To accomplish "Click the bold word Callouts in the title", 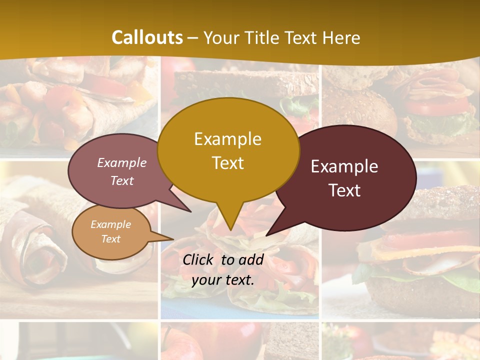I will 147,37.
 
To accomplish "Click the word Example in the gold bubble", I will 227,139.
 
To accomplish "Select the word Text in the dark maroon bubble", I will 344,190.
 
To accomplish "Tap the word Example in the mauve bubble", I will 122,163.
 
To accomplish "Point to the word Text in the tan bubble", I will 111,239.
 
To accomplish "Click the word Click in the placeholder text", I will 198,259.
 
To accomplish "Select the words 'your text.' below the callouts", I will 222,280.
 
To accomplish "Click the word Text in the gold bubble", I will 228,163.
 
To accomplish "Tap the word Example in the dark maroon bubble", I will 344,166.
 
